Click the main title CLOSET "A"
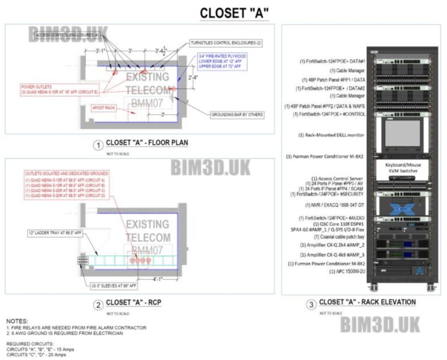coord(234,12)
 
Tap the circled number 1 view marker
coord(99,144)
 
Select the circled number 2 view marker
coord(99,303)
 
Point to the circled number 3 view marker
coord(311,303)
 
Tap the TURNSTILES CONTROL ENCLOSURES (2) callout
coord(226,44)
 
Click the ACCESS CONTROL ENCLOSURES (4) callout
coord(67,35)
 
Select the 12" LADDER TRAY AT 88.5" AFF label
coord(55,233)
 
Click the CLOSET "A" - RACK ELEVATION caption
coord(367,302)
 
